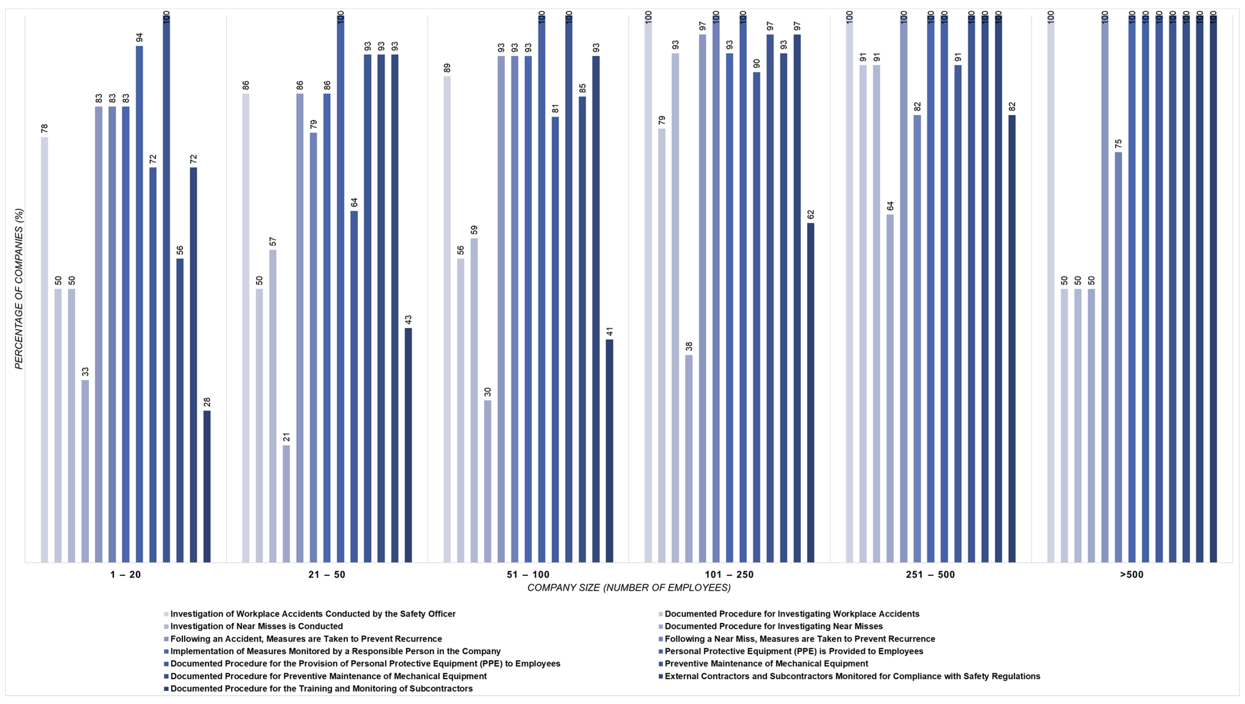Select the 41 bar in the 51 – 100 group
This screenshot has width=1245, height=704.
(x=609, y=451)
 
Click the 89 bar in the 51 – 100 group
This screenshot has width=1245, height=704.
(x=447, y=319)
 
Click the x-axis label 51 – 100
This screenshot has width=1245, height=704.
(x=528, y=575)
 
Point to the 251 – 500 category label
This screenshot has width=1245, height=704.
(x=930, y=575)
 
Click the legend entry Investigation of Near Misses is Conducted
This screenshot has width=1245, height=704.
(x=256, y=626)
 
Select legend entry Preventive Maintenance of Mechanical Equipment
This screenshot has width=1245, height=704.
(x=766, y=663)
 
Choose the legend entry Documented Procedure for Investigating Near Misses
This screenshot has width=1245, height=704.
(x=773, y=626)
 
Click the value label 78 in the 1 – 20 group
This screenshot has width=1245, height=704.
(x=44, y=129)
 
